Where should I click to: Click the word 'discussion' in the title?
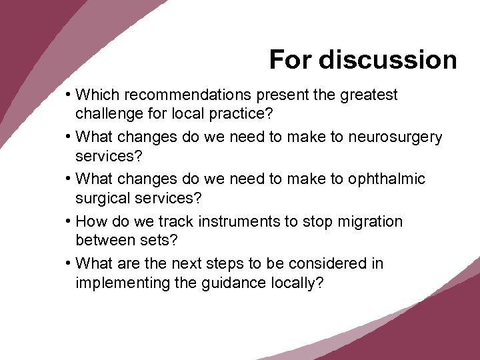pyautogui.click(x=387, y=60)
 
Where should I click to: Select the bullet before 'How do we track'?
pyautogui.click(x=69, y=222)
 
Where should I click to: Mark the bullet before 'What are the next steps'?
pyautogui.click(x=69, y=264)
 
